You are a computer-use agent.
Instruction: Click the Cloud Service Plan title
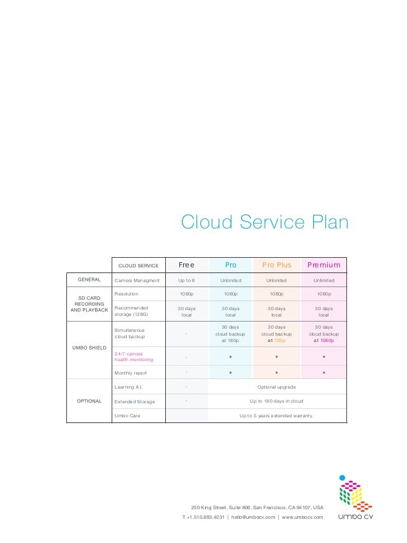(265, 223)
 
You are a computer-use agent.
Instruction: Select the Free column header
(186, 265)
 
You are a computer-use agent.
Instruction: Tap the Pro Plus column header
(276, 265)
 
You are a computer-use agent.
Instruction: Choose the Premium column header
(324, 265)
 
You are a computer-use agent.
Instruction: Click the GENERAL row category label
(89, 279)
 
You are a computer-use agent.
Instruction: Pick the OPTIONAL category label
(89, 401)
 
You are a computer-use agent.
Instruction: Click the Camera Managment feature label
(137, 280)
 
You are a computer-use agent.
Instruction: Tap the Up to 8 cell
(186, 280)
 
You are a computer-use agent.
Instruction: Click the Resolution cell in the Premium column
(324, 294)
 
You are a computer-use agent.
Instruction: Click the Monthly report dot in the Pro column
(230, 371)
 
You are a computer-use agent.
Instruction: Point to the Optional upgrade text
(276, 387)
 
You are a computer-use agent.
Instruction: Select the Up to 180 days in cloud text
(276, 401)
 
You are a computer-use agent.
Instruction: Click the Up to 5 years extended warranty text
(276, 415)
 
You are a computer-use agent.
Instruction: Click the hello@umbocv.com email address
(253, 517)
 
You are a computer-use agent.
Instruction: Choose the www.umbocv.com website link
(302, 517)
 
